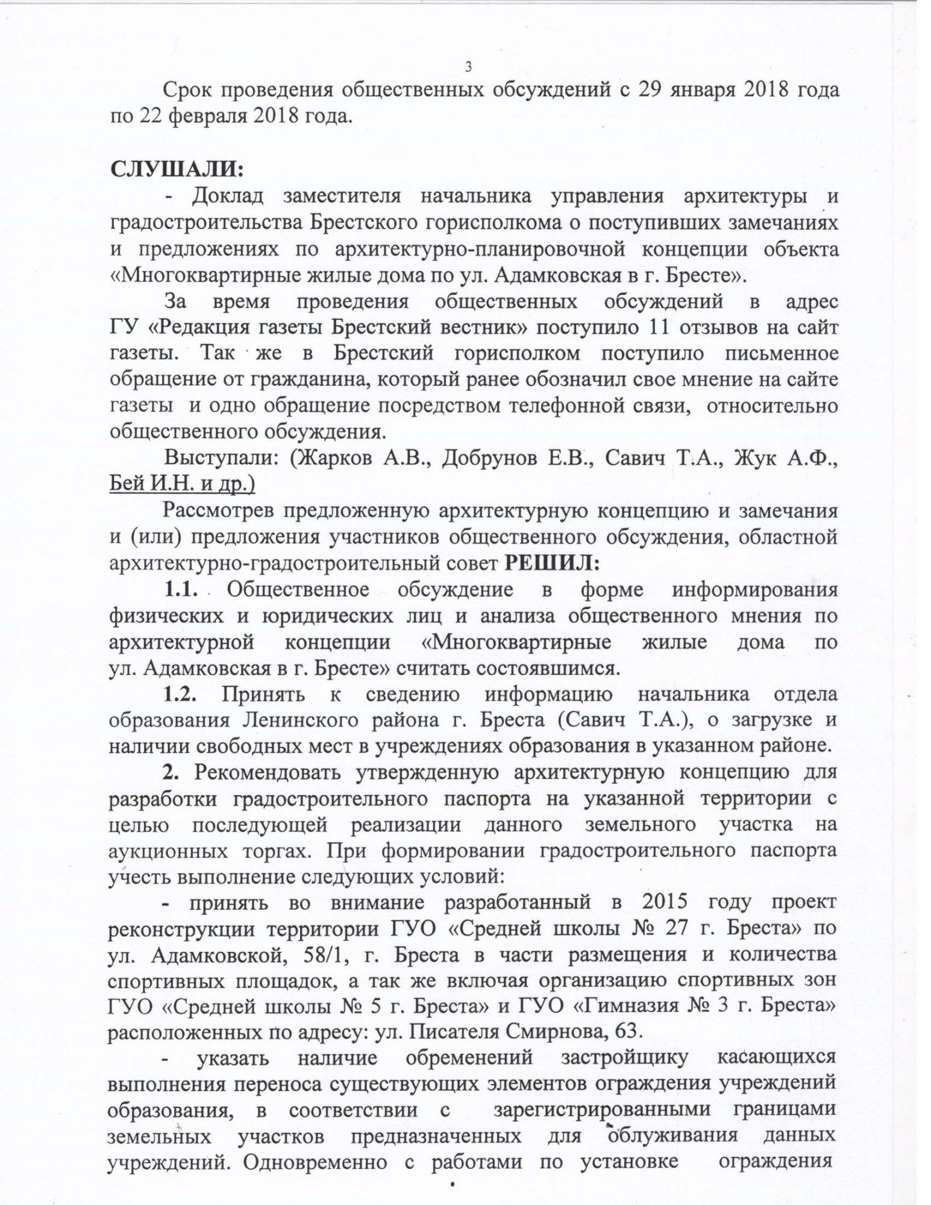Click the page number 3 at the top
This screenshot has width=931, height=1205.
[x=468, y=67]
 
